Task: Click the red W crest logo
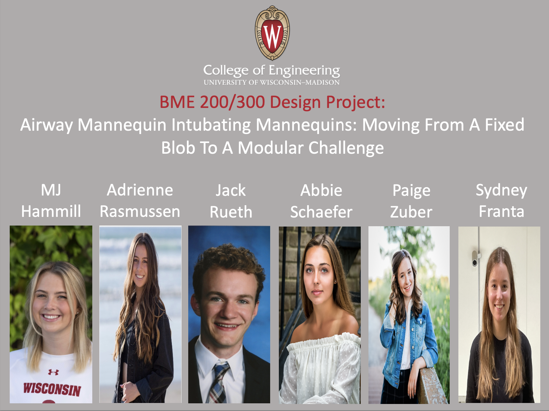[272, 33]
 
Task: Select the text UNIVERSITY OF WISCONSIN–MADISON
[271, 83]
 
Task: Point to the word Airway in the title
[46, 125]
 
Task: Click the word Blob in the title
[178, 148]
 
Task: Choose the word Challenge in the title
[346, 148]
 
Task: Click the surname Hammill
[51, 212]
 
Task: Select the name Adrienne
[140, 190]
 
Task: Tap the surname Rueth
[231, 212]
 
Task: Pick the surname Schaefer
[321, 212]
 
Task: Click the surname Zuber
[411, 212]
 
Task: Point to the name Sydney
[501, 191]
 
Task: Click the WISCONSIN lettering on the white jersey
[52, 389]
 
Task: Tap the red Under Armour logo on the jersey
[53, 372]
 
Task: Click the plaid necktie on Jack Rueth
[218, 382]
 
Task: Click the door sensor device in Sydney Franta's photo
[474, 258]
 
